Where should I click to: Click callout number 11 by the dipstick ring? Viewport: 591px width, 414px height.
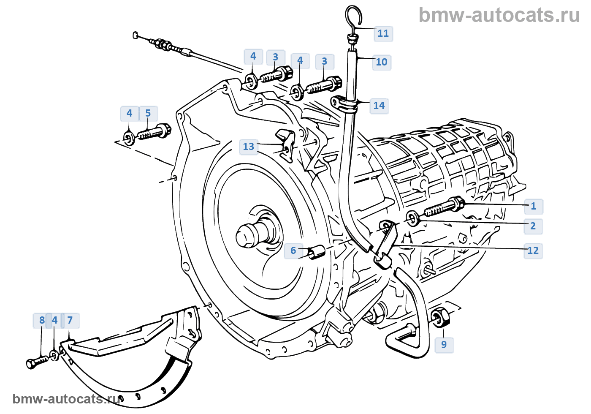(383, 33)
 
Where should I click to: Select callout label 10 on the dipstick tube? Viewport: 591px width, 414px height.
(381, 62)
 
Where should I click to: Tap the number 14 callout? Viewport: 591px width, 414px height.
(379, 106)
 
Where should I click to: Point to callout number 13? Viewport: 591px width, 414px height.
(249, 147)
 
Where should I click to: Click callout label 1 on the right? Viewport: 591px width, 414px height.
(533, 206)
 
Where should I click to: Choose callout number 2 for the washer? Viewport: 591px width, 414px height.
(533, 226)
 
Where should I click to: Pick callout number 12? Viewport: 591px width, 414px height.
(533, 251)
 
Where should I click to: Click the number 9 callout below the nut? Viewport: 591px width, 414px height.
(444, 344)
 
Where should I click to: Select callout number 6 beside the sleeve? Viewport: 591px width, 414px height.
(293, 251)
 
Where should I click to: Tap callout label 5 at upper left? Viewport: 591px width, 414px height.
(148, 113)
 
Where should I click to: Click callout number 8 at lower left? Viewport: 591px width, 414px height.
(42, 320)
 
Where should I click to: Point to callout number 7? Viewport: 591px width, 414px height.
(70, 320)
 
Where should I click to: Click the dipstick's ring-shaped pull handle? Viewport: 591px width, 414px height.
(353, 17)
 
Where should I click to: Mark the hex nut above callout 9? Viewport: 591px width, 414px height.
(440, 317)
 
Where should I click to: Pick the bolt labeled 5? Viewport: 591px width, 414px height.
(154, 132)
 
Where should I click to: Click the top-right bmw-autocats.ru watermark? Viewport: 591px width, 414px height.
(499, 15)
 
